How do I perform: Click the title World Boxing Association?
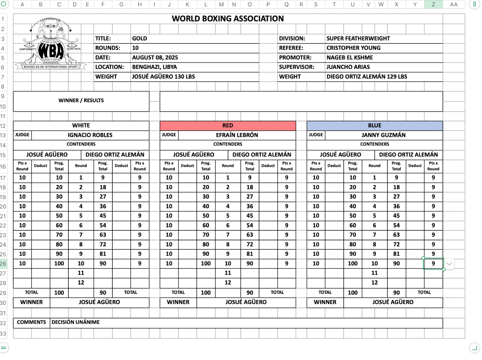tap(228, 19)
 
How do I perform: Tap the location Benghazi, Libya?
tap(155, 67)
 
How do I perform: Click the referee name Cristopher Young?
tap(353, 48)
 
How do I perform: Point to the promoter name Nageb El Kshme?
tap(350, 58)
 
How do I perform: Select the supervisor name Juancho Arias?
tap(348, 67)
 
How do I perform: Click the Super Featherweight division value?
tap(358, 39)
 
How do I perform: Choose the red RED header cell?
tap(228, 125)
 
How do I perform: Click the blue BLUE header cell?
tap(374, 125)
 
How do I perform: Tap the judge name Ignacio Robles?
tap(90, 135)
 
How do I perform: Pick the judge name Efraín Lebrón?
tap(237, 135)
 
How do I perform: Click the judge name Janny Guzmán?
tap(383, 135)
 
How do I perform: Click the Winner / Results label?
tap(81, 100)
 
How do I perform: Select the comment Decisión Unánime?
tap(76, 322)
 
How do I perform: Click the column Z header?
tap(433, 5)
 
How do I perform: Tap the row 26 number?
tap(3, 264)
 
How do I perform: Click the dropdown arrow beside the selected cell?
tap(449, 264)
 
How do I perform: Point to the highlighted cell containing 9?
tap(433, 264)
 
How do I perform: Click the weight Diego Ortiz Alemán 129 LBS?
tap(367, 77)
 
